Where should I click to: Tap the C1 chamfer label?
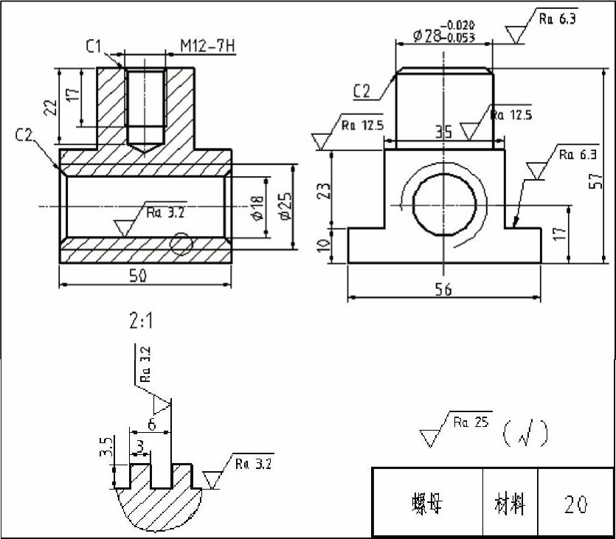(x=94, y=48)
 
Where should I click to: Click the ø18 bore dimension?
(x=257, y=209)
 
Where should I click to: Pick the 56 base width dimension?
(x=443, y=290)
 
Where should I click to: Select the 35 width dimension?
(x=443, y=133)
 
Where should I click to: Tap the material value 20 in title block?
(x=575, y=504)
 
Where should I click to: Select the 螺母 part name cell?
(x=426, y=504)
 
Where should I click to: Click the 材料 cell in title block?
(x=510, y=504)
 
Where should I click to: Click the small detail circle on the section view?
(x=181, y=244)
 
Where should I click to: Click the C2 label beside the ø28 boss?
(x=361, y=91)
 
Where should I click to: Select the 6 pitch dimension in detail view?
(x=152, y=425)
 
